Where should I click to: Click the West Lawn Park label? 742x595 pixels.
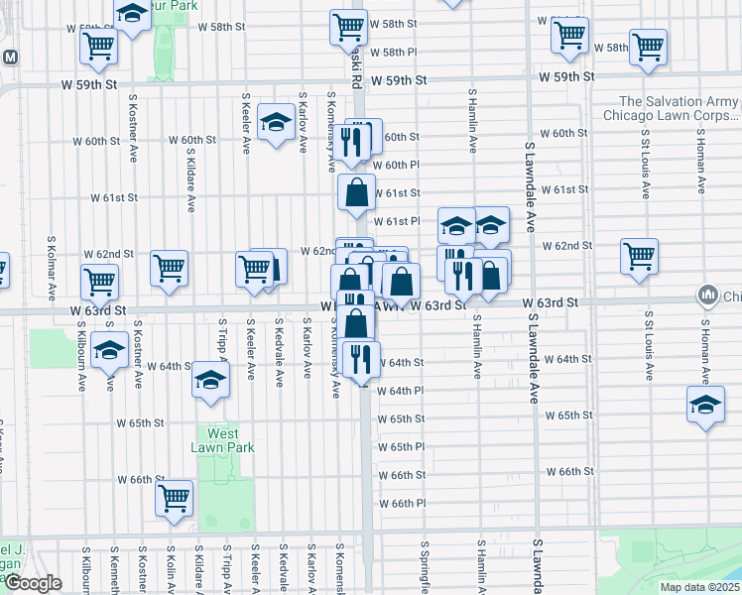[x=223, y=441]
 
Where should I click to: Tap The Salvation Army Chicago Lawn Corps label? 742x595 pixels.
[x=679, y=108]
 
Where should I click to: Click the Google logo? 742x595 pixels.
[x=33, y=583]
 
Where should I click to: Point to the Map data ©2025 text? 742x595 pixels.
[x=699, y=587]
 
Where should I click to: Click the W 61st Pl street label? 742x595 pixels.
[x=397, y=221]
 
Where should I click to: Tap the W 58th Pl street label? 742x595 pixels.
[x=396, y=52]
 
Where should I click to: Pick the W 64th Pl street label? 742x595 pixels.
[x=401, y=391]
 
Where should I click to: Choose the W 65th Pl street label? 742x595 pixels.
[x=401, y=447]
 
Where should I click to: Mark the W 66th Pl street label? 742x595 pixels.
[x=402, y=504]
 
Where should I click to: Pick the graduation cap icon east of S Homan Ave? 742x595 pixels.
[x=705, y=405]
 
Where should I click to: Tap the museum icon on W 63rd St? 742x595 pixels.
[x=707, y=295]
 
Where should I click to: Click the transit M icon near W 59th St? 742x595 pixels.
[x=10, y=57]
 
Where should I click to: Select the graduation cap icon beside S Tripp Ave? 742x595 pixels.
[x=209, y=382]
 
